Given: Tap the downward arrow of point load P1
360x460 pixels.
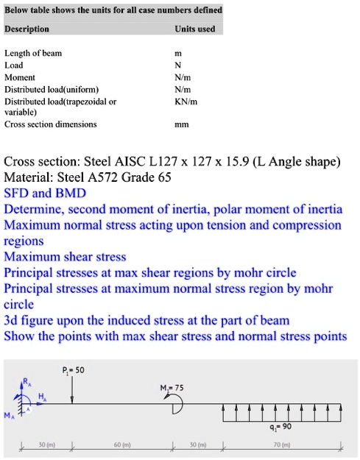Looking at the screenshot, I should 72,390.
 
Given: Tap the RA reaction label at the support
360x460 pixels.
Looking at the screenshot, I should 29,382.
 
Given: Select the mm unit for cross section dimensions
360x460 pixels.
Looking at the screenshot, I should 194,125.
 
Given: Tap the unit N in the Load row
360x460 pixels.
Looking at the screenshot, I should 194,65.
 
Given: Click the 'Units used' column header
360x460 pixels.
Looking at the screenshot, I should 194,29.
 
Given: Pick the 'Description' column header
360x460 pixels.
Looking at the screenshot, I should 27,29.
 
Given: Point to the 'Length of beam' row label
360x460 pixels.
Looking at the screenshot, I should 33,53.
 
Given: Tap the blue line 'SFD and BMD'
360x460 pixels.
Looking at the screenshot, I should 45,194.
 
